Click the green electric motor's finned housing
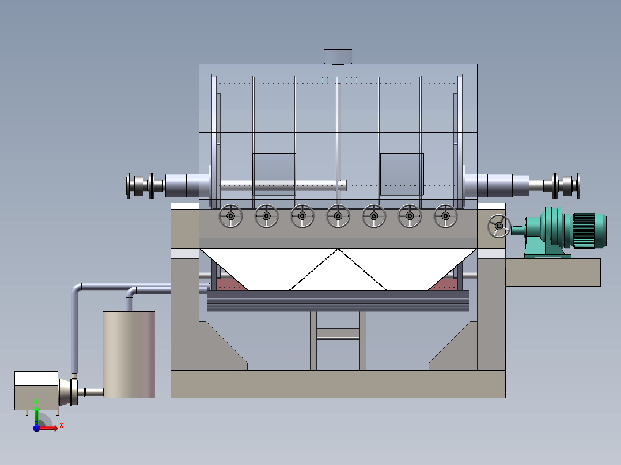pos(589,230)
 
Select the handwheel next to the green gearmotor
pos(499,226)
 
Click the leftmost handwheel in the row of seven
pos(230,216)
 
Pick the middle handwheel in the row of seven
pos(338,216)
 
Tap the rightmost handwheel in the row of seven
pos(445,216)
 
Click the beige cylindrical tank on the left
pos(129,355)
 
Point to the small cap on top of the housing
pos(338,56)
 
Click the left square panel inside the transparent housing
pos(274,174)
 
